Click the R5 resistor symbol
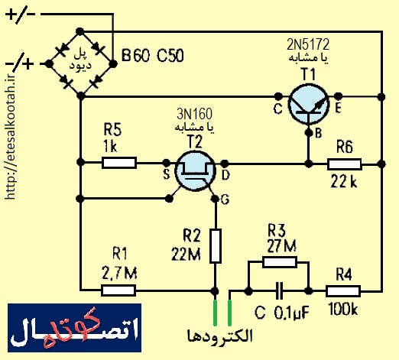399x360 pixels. (x=119, y=163)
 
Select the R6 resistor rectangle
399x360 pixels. (x=345, y=164)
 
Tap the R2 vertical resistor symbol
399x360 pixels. (x=216, y=246)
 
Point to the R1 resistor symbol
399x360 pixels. (x=118, y=290)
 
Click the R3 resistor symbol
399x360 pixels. (x=280, y=262)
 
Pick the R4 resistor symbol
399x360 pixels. (x=343, y=291)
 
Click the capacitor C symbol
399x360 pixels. (x=280, y=291)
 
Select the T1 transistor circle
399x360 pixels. (x=308, y=104)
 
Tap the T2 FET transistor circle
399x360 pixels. (x=195, y=171)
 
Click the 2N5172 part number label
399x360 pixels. (x=308, y=44)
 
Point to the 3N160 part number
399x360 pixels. (x=194, y=114)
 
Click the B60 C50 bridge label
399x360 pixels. (x=152, y=56)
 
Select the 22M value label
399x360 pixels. (x=187, y=254)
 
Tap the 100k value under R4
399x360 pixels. (x=343, y=310)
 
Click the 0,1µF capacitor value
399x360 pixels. (x=292, y=313)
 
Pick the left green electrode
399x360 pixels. (x=216, y=313)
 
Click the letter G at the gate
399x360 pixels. (x=225, y=199)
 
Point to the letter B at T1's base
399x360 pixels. (x=319, y=133)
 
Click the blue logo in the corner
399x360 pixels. (x=75, y=328)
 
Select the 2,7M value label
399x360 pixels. (x=119, y=273)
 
